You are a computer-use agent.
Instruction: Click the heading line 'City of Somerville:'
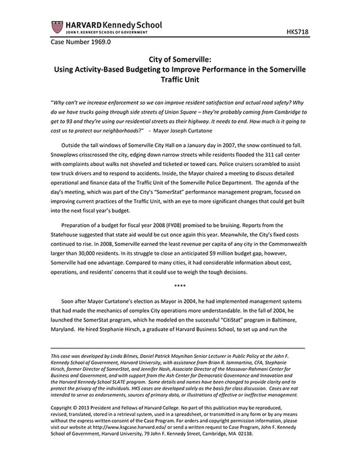180,59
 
